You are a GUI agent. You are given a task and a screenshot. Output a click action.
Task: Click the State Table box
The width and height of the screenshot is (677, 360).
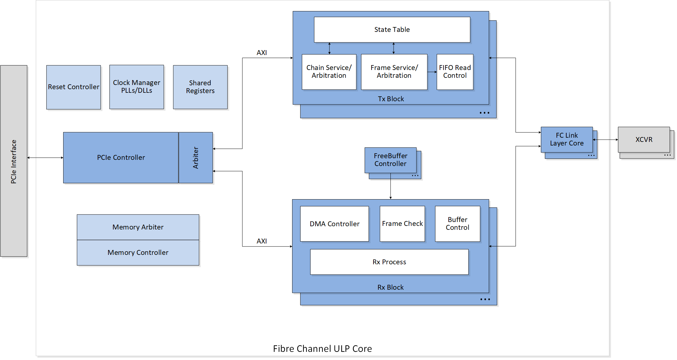coord(392,30)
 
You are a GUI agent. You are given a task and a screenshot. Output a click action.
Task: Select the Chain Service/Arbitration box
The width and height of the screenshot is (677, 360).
coord(329,72)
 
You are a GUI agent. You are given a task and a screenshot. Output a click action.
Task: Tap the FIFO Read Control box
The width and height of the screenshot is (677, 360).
coord(455,72)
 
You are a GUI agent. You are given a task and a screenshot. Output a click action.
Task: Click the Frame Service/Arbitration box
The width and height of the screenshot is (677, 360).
coord(394,72)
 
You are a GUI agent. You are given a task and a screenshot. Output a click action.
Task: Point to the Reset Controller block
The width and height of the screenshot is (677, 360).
coord(74,87)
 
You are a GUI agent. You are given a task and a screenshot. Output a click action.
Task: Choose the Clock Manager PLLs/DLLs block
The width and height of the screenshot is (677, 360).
coord(136,87)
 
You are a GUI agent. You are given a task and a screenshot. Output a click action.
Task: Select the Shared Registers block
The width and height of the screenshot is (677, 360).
coord(200,87)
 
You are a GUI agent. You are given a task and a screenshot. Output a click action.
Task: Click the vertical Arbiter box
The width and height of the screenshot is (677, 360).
coord(196,158)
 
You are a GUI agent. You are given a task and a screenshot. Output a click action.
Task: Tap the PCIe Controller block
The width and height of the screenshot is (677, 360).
coord(121,158)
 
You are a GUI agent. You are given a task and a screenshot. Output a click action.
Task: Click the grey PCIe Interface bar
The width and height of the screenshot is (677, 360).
coord(14,161)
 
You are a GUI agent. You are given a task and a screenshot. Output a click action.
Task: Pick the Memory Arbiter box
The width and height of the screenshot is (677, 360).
coord(138,227)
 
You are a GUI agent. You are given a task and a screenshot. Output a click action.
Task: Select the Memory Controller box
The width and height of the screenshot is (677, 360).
coord(138,253)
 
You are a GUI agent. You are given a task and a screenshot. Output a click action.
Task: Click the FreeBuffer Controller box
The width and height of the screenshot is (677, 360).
coord(390,160)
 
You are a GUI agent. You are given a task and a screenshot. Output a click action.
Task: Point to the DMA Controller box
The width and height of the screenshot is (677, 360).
coord(334,224)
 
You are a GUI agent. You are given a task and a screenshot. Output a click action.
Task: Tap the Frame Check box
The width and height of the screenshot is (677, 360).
coord(402,224)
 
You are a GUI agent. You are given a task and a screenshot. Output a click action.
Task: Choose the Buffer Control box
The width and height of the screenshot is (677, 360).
coord(457,224)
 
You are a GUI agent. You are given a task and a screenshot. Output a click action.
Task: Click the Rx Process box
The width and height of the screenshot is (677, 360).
coord(389,262)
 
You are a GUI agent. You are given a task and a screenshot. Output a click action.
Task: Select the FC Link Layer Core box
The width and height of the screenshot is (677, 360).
coord(567,139)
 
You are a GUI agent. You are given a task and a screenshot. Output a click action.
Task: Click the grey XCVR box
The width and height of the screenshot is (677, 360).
coord(643,140)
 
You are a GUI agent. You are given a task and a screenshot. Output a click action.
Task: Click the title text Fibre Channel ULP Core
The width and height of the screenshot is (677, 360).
coord(322,349)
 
